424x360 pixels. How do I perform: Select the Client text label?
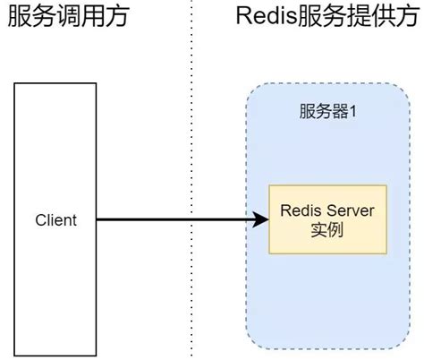click(x=55, y=220)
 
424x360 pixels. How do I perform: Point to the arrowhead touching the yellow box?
click(x=262, y=219)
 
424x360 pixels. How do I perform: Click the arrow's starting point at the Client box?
click(x=98, y=219)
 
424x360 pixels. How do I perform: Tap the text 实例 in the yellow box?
click(x=327, y=230)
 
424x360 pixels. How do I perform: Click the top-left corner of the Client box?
click(x=15, y=83)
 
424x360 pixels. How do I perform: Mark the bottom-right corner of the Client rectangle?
click(x=97, y=356)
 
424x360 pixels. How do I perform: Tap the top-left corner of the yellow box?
click(x=269, y=186)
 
